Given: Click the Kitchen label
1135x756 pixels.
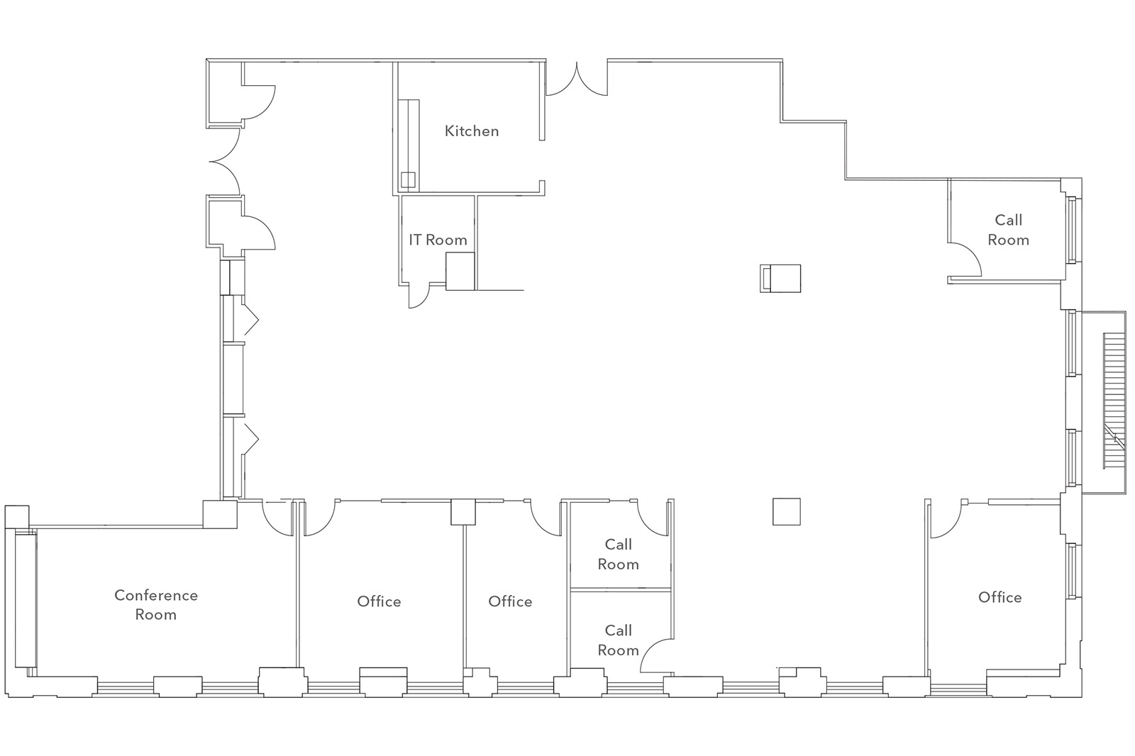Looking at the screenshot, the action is (x=471, y=131).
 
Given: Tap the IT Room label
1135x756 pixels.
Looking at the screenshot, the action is (x=438, y=240).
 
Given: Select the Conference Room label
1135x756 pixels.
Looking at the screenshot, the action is (x=156, y=604).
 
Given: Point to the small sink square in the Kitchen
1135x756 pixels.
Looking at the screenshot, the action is (x=408, y=180).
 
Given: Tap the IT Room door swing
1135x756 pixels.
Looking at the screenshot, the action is (x=419, y=296).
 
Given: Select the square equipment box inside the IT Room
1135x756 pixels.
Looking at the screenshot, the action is (x=460, y=271).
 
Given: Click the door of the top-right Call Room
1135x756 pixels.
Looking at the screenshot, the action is (x=965, y=260).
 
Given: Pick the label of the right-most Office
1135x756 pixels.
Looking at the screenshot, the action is (x=1000, y=597).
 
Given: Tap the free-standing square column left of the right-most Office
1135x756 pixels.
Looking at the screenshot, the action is (x=787, y=511).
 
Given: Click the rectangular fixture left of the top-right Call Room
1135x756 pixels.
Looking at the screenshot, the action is (x=780, y=278).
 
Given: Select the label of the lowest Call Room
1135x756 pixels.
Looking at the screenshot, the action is (x=618, y=640).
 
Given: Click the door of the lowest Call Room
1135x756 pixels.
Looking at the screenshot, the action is (x=657, y=655).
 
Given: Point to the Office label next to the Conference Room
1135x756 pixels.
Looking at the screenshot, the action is (x=379, y=601).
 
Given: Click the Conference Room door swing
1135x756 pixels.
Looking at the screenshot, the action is (x=277, y=518).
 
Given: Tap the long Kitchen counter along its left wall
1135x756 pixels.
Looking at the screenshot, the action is (x=409, y=145).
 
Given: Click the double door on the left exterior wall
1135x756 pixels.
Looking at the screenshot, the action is (x=224, y=162).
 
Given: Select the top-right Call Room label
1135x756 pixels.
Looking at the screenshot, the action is (x=1008, y=230).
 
